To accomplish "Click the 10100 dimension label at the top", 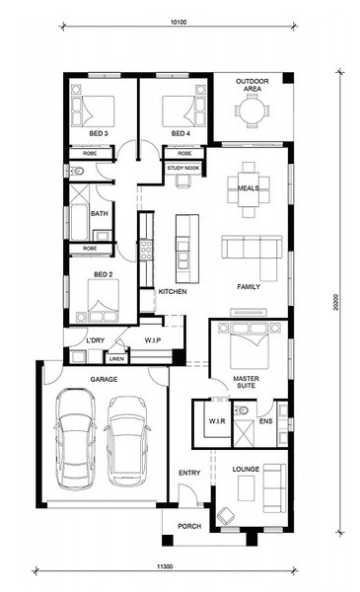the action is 179,22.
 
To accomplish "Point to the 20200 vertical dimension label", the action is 336,303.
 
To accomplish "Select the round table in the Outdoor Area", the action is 252,111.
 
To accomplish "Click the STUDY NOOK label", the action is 183,168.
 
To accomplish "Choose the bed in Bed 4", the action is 179,111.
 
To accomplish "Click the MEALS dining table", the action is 249,189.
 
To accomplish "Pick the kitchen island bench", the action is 187,249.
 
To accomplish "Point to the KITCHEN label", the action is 173,291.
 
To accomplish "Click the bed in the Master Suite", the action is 250,346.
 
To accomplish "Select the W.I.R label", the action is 217,420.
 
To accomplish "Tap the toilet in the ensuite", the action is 240,409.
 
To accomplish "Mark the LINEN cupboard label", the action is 116,359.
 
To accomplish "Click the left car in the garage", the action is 76,439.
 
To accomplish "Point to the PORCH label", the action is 189,526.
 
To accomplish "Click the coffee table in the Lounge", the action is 246,488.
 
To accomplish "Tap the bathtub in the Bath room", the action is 79,222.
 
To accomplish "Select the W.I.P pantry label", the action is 153,340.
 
